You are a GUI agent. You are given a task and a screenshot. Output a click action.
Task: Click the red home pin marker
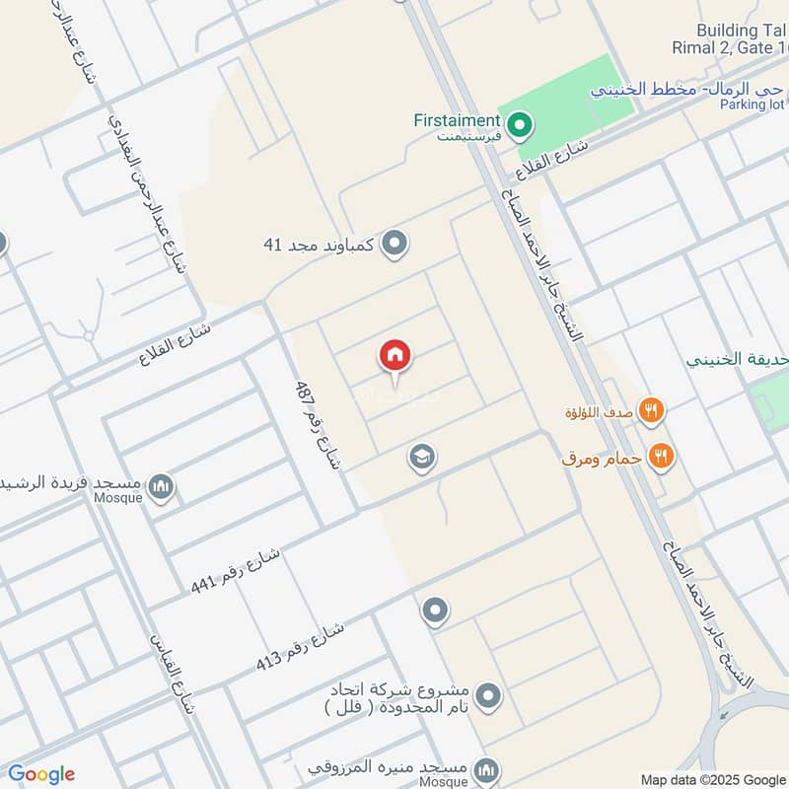click(395, 356)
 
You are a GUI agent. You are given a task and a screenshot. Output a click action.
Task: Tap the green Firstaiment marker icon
click(520, 125)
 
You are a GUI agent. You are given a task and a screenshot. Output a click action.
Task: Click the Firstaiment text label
click(457, 120)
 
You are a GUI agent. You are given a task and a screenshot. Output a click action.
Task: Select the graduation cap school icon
click(422, 457)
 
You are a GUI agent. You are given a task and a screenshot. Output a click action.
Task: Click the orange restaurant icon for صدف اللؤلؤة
click(651, 409)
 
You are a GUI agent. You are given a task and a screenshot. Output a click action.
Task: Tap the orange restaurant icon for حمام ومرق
click(661, 456)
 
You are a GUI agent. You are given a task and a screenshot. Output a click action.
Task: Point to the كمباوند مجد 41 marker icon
click(394, 242)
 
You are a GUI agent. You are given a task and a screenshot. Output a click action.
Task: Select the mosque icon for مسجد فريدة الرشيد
click(161, 486)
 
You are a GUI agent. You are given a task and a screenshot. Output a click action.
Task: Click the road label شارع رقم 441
click(236, 570)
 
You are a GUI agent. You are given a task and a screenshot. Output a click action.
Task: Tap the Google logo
click(41, 774)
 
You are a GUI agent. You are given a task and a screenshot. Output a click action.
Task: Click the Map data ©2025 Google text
click(713, 778)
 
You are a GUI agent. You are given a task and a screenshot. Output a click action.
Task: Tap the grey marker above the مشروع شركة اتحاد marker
click(435, 611)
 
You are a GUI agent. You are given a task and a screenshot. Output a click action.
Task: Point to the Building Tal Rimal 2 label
click(742, 39)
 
